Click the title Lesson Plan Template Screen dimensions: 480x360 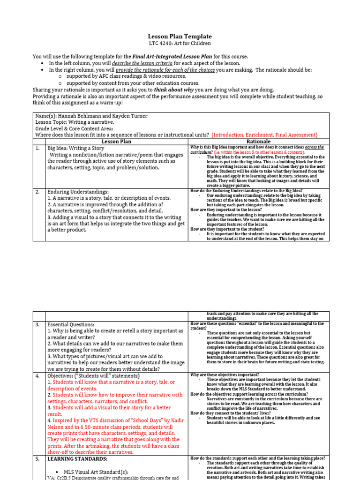(180, 36)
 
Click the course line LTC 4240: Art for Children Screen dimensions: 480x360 (180, 44)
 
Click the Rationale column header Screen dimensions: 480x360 (258, 141)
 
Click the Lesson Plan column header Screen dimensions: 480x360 (116, 141)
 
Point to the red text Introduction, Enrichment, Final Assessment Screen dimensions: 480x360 (264, 135)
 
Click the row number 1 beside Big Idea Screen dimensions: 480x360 (37, 148)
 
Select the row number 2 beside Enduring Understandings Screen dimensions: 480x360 (37, 192)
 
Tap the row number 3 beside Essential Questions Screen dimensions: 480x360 (37, 324)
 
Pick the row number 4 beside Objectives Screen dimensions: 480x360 (37, 376)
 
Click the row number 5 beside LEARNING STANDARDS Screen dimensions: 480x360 (37, 459)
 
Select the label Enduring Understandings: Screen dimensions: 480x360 (78, 192)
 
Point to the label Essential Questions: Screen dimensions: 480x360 (71, 324)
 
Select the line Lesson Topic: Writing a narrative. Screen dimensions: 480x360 (75, 122)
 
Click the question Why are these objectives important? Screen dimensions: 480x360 (225, 375)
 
